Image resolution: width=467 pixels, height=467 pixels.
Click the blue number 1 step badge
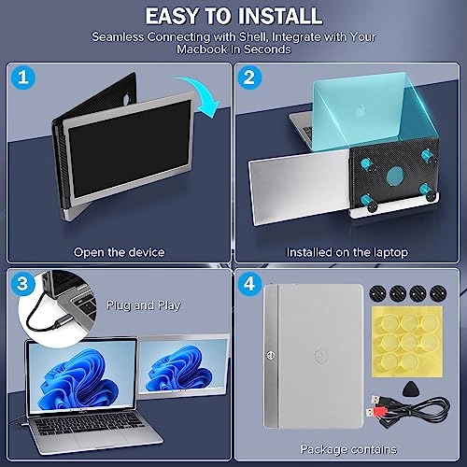pyautogui.click(x=23, y=77)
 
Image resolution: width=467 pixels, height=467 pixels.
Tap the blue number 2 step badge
pyautogui.click(x=249, y=78)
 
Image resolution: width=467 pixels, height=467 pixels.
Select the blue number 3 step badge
pyautogui.click(x=22, y=284)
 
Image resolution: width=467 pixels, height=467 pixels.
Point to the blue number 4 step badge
pyautogui.click(x=249, y=284)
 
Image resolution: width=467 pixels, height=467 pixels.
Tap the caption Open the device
pyautogui.click(x=119, y=252)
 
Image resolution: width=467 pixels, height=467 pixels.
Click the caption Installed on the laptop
pyautogui.click(x=347, y=252)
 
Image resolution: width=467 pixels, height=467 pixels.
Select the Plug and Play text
pyautogui.click(x=144, y=305)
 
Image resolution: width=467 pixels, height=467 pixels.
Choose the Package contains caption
pyautogui.click(x=348, y=449)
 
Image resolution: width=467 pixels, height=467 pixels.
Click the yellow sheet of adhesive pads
pyautogui.click(x=407, y=342)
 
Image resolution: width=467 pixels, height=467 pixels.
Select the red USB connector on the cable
pyautogui.click(x=374, y=412)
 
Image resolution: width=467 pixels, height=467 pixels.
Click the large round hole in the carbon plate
pyautogui.click(x=395, y=176)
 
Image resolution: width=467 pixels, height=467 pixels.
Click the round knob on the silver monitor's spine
pyautogui.click(x=270, y=355)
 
